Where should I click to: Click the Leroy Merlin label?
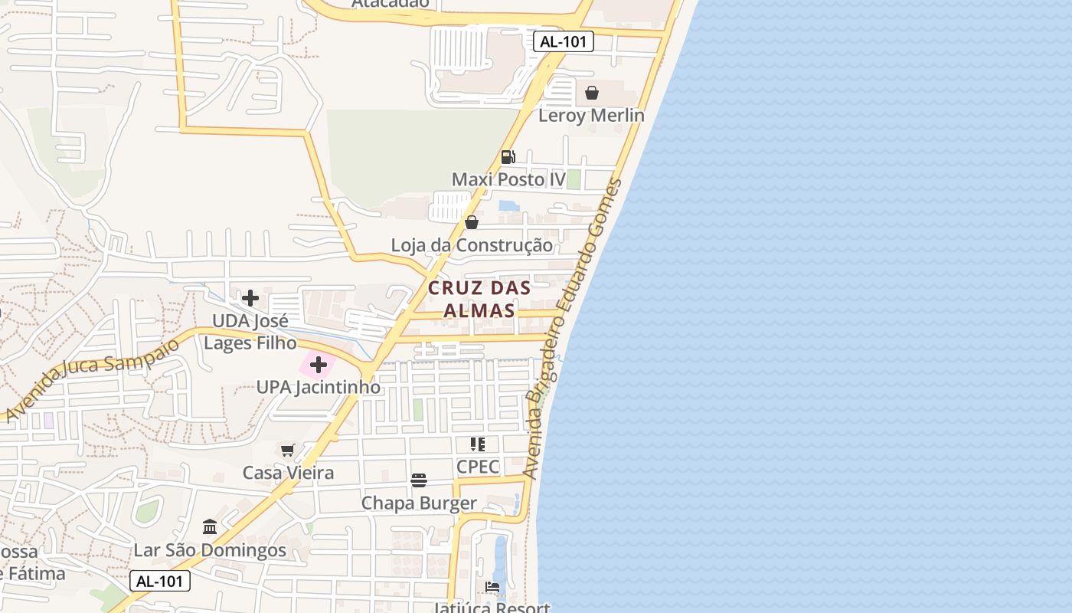(x=591, y=115)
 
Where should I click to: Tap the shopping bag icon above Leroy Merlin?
(x=592, y=93)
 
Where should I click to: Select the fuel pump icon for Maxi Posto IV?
(x=508, y=157)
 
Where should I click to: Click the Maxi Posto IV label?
(x=508, y=179)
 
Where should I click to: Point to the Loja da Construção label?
(x=472, y=245)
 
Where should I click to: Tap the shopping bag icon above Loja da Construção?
(x=472, y=222)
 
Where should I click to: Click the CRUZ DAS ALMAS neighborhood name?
(x=479, y=299)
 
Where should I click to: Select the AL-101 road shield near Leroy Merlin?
(x=564, y=41)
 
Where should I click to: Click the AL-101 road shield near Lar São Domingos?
(x=159, y=581)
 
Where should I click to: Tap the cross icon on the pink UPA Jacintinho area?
(x=319, y=365)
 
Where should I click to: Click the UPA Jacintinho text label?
(x=318, y=387)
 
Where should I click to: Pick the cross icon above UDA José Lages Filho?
(x=250, y=298)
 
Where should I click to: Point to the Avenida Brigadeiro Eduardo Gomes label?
(x=574, y=329)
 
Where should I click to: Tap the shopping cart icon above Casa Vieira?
(x=288, y=450)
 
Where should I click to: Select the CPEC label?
(x=478, y=467)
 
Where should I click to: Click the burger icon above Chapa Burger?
(x=419, y=480)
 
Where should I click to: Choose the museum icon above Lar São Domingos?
(x=210, y=526)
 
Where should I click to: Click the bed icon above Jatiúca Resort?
(x=492, y=587)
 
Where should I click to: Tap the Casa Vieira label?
(x=288, y=473)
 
